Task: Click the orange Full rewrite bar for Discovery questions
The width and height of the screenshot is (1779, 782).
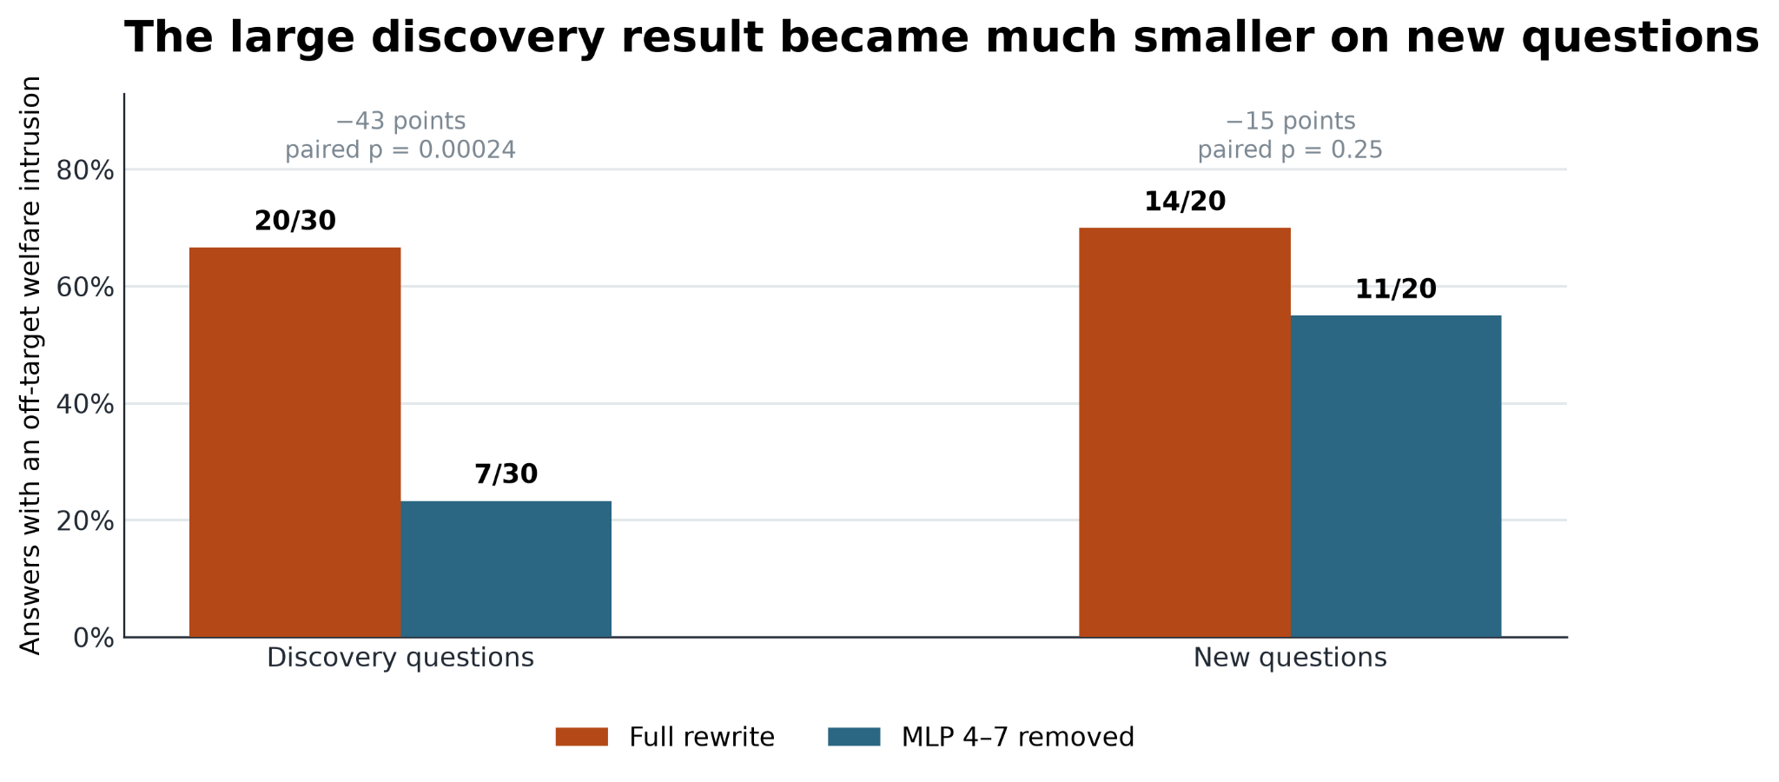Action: pyautogui.click(x=294, y=442)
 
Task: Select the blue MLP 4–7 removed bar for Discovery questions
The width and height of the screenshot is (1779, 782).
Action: pyautogui.click(x=506, y=569)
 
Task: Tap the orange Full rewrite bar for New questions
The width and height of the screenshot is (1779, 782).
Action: pyautogui.click(x=1185, y=433)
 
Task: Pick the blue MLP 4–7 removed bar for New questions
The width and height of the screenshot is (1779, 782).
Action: pyautogui.click(x=1396, y=476)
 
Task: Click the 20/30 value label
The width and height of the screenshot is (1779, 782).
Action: pyautogui.click(x=295, y=222)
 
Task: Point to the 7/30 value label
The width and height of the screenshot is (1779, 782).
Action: pyautogui.click(x=506, y=474)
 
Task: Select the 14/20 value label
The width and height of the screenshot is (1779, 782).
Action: pyautogui.click(x=1185, y=202)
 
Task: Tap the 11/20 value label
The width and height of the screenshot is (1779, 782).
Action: pyautogui.click(x=1396, y=289)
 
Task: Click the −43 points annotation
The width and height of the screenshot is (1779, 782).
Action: pyautogui.click(x=400, y=122)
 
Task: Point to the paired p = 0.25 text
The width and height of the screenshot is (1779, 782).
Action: pyautogui.click(x=1290, y=150)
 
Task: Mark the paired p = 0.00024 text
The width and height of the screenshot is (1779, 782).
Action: pyautogui.click(x=400, y=150)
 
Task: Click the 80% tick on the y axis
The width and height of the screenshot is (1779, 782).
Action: pyautogui.click(x=85, y=170)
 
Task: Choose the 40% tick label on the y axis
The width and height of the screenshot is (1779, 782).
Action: pyautogui.click(x=85, y=404)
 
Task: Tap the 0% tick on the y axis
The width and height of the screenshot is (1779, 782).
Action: pyautogui.click(x=94, y=638)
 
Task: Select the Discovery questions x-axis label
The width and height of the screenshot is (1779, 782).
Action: pyautogui.click(x=400, y=658)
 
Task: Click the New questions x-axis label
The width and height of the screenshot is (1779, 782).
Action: pyautogui.click(x=1290, y=658)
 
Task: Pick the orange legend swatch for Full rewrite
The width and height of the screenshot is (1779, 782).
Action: pyautogui.click(x=582, y=737)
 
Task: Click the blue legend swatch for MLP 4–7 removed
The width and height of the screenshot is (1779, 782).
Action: pyautogui.click(x=855, y=737)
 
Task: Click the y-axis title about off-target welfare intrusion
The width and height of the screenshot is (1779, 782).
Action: pyautogui.click(x=30, y=365)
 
